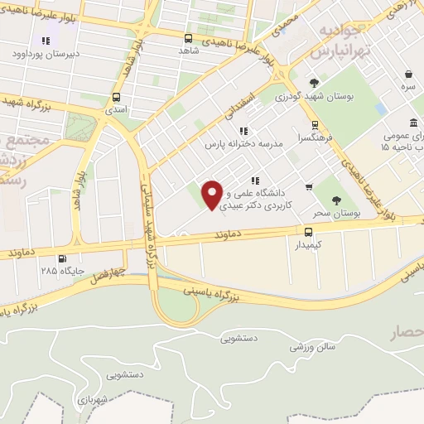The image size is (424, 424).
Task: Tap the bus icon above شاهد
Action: click(x=189, y=38)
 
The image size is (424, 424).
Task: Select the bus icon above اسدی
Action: click(x=115, y=95)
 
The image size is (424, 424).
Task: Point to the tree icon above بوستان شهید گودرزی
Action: click(x=314, y=83)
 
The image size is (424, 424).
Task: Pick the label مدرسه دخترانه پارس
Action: click(x=244, y=143)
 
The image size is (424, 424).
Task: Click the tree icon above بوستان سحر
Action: click(x=335, y=200)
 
